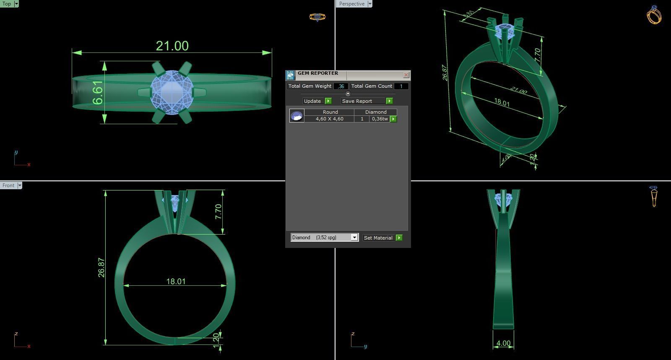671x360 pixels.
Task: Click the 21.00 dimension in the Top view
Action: pos(172,46)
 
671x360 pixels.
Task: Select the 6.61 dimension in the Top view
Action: pos(97,92)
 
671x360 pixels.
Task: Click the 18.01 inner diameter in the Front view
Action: pos(176,281)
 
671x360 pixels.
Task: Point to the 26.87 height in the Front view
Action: pos(101,267)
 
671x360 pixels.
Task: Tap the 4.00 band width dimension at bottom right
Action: pos(503,343)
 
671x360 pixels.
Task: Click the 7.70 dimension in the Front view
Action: pos(218,211)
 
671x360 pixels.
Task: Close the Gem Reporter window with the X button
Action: pos(406,75)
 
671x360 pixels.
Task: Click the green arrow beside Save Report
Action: pos(389,101)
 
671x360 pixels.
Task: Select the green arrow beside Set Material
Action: pos(399,237)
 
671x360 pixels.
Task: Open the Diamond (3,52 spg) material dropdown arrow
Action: pos(354,237)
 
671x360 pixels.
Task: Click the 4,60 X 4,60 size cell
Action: pos(329,119)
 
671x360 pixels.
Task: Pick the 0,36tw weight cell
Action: pos(380,119)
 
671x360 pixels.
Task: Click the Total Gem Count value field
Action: pos(401,86)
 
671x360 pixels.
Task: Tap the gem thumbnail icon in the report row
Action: pos(296,115)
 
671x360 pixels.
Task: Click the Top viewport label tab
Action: pos(7,4)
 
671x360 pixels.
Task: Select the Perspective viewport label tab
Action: pos(351,4)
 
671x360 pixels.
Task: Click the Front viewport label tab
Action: pos(8,185)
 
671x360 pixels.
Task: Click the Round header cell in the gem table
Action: pos(330,112)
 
